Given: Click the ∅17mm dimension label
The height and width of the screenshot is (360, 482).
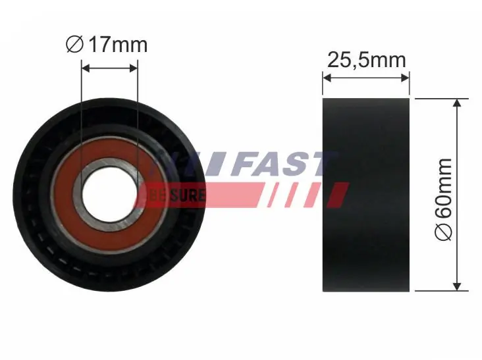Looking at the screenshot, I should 107,45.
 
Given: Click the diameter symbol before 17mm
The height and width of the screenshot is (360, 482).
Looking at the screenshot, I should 74,45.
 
